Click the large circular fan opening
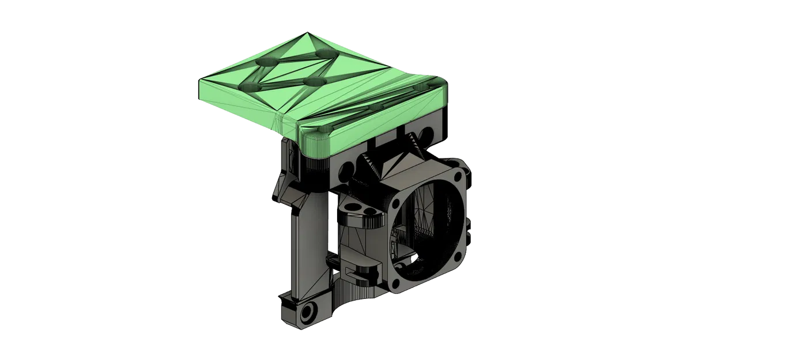429,227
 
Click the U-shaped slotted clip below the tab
360,266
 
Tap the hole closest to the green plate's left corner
251,86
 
